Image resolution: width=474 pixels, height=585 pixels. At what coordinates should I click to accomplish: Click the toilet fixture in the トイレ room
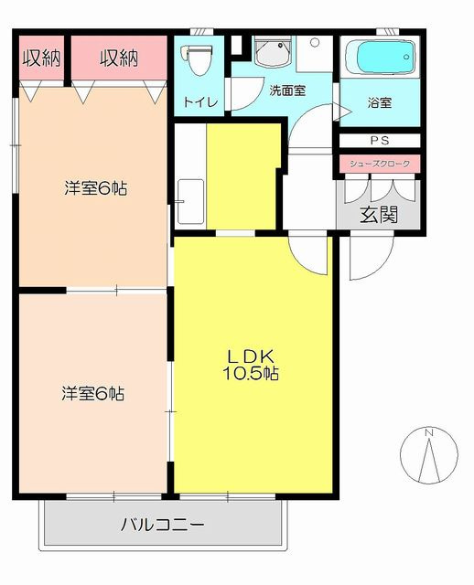coord(197,58)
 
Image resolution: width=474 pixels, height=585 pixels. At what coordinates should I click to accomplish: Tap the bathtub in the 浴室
coord(381,57)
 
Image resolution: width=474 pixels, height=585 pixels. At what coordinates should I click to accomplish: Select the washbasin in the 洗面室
coord(273,53)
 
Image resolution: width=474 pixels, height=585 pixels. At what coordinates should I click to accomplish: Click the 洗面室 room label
coord(287,90)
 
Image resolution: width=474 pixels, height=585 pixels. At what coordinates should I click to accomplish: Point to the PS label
coord(380,140)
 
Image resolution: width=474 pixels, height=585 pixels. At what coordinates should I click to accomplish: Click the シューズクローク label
coord(380,164)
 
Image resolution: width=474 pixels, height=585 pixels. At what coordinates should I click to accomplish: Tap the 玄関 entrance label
coord(379,214)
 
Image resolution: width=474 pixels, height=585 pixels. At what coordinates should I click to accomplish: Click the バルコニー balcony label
coord(163,525)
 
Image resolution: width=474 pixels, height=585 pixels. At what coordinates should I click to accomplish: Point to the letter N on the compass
coord(429,432)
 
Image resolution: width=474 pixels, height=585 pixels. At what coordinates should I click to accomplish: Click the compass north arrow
coord(429,460)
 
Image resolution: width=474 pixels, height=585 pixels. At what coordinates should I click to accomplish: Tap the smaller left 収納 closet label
coord(41,58)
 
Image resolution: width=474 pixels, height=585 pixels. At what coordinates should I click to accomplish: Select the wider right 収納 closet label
coord(119,58)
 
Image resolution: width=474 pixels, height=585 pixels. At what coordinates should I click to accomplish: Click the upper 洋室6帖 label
coord(95,188)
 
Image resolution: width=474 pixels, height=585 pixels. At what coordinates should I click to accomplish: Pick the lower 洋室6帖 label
coord(93,393)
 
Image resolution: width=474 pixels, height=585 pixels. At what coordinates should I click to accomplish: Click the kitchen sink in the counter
coord(190,201)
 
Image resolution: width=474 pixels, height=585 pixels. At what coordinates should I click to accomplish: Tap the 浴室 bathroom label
coord(380,102)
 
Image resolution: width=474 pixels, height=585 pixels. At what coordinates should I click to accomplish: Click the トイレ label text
coord(200,101)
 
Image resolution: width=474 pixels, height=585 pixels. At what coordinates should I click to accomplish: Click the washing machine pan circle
coord(315,43)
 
